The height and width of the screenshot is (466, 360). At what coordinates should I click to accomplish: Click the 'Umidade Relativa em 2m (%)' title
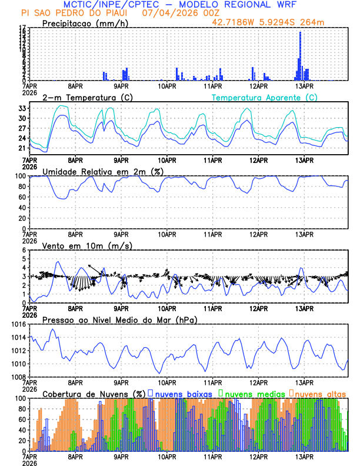pyautogui.click(x=97, y=171)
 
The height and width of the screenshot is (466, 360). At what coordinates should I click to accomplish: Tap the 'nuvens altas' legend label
pyautogui.click(x=320, y=393)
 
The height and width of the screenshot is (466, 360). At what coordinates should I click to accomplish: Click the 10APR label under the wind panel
pyautogui.click(x=167, y=308)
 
